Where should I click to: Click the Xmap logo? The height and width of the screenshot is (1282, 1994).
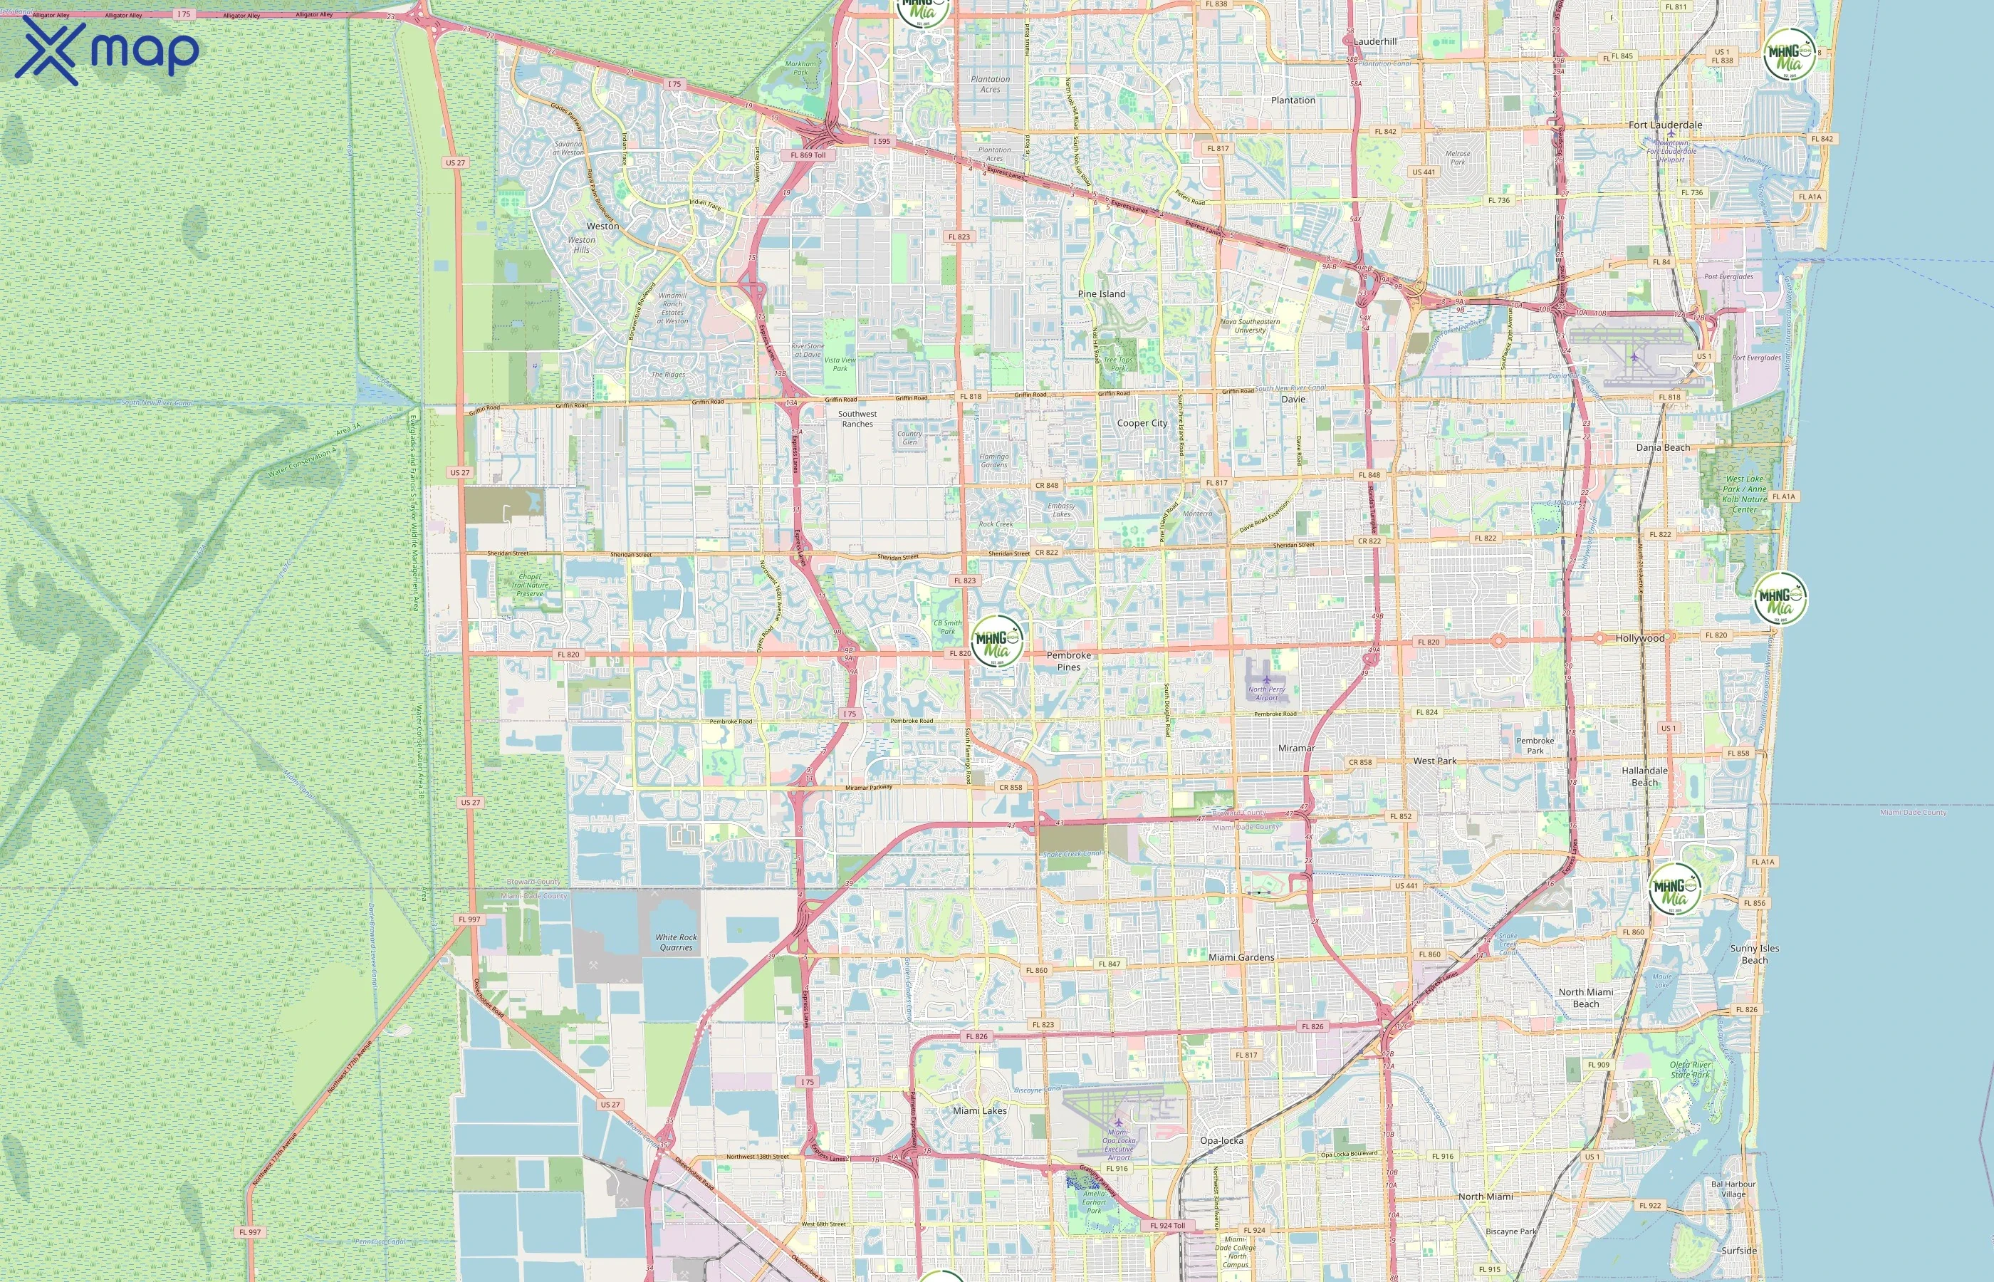[107, 51]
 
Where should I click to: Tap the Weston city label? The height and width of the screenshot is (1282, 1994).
[602, 226]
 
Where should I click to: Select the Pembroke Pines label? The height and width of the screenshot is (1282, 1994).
[1069, 661]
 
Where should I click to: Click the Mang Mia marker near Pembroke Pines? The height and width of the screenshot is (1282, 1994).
[997, 642]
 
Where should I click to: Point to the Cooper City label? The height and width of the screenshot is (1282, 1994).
[1142, 424]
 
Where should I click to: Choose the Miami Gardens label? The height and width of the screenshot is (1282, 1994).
[1241, 957]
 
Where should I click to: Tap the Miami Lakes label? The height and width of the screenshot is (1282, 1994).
[979, 1110]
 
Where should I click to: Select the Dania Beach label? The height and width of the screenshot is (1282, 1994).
[1663, 448]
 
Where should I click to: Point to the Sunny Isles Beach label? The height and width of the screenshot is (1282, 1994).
[1754, 954]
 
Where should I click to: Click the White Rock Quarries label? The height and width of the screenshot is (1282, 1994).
[676, 942]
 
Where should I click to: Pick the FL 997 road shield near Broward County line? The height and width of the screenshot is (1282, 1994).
[469, 920]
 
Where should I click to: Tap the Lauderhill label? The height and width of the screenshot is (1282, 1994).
[1375, 41]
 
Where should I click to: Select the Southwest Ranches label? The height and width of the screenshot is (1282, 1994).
[857, 419]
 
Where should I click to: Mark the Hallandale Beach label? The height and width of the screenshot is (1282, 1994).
[1644, 776]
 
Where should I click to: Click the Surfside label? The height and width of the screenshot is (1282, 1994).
[1738, 1251]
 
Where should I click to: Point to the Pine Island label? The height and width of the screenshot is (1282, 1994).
[1101, 294]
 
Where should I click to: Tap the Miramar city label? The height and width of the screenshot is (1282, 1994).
[1297, 749]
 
